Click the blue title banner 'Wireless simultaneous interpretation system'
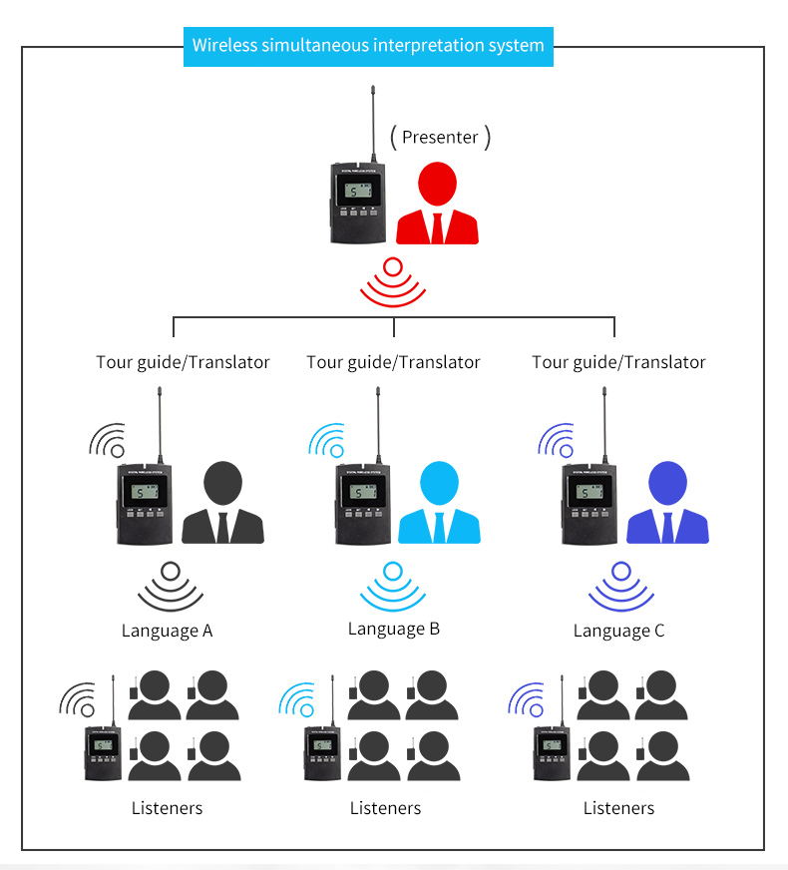pyautogui.click(x=368, y=46)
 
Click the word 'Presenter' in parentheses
pyautogui.click(x=440, y=137)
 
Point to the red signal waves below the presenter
pyautogui.click(x=393, y=282)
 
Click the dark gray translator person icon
pyautogui.click(x=222, y=503)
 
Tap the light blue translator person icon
pyautogui.click(x=439, y=503)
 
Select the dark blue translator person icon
pyautogui.click(x=667, y=503)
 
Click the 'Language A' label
pyautogui.click(x=167, y=631)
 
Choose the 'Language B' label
pyautogui.click(x=393, y=629)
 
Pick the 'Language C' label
pyautogui.click(x=618, y=631)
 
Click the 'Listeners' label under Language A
pyautogui.click(x=167, y=808)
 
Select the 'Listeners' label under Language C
pyautogui.click(x=618, y=808)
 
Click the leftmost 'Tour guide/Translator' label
pyautogui.click(x=183, y=362)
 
